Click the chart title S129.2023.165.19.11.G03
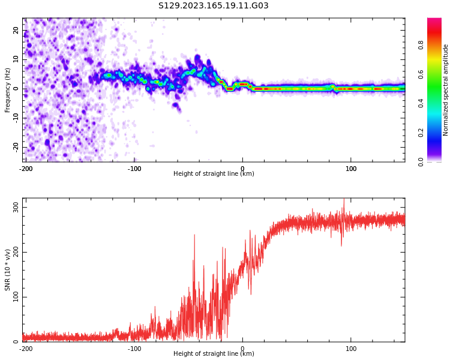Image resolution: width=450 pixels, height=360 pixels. [214, 6]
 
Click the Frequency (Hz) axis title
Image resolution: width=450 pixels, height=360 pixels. [8, 90]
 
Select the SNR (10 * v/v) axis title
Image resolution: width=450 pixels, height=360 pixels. [8, 270]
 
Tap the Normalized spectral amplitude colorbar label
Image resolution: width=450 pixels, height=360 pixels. [446, 90]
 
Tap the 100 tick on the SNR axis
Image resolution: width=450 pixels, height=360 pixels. [16, 297]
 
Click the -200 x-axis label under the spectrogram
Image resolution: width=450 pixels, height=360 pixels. [26, 169]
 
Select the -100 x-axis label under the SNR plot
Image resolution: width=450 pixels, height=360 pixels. [134, 349]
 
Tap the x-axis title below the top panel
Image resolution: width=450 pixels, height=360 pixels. [214, 174]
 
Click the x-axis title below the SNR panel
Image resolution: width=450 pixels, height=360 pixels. [214, 354]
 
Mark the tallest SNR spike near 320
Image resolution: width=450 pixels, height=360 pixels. [344, 200]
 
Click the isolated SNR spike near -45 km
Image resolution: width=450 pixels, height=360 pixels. [194, 236]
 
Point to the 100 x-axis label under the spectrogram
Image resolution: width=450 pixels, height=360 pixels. [351, 169]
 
